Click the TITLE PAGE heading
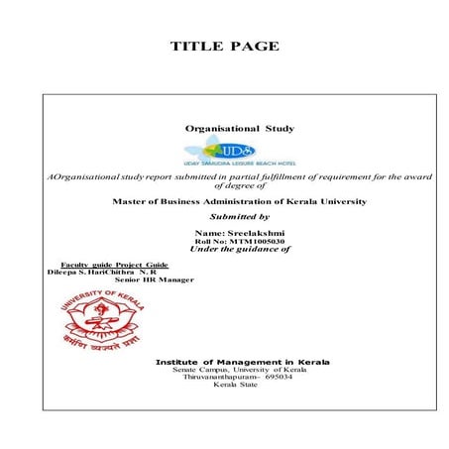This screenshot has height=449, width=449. tap(224, 47)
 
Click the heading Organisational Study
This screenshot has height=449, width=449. tap(240, 129)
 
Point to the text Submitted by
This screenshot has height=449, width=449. tap(240, 215)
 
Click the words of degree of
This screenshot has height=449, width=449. tap(240, 184)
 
